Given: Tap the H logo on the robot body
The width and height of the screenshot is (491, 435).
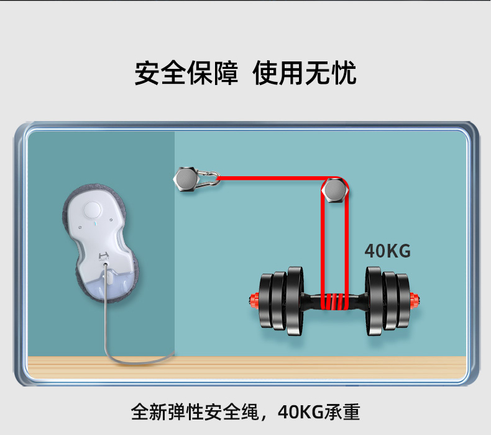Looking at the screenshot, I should [x=104, y=254].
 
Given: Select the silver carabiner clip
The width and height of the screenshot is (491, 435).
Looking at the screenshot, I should [x=208, y=179].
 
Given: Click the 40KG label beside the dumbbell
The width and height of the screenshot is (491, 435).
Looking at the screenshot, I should [x=388, y=251].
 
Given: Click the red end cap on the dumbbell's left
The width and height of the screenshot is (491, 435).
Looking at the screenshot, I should [x=253, y=301].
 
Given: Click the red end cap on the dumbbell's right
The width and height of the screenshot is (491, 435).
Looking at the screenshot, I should [x=415, y=301].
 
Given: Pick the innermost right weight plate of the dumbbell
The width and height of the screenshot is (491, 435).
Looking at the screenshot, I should [x=374, y=301].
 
